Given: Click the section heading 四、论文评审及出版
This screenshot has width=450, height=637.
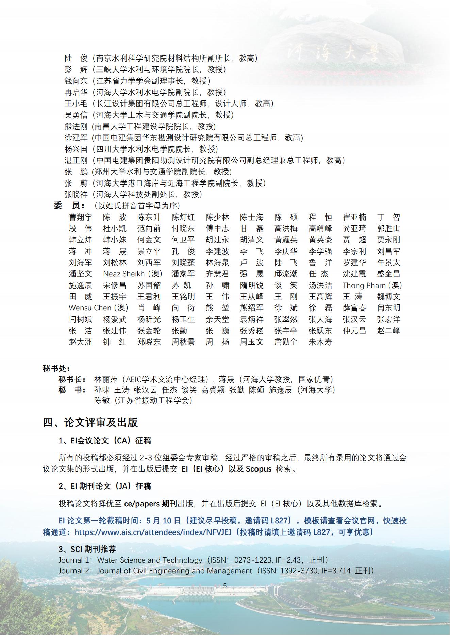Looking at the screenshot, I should pos(90,423).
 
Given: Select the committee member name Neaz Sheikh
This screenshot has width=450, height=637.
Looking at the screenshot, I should pos(124,274).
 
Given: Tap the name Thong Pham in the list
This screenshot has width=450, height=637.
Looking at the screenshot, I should pos(364,285).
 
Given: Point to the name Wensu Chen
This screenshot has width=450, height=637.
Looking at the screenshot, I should pos(90,308).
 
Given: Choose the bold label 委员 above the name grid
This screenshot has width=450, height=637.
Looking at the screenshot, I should pos(69,206).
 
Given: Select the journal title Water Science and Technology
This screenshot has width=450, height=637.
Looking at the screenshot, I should pos(150,560).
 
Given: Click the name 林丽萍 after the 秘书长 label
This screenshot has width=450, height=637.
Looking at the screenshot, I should pos(106,379).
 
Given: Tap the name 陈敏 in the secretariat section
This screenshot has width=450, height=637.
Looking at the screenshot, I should pos(102,400).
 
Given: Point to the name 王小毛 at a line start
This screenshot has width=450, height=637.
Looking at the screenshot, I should pos(76,103).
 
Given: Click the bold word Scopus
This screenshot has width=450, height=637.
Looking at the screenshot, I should pos(259,469).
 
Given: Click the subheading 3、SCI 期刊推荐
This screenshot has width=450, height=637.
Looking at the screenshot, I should pos(87,549).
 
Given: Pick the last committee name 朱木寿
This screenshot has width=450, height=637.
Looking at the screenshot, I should pos(320,342).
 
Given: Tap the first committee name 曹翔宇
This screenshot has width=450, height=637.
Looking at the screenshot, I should pos(81,217).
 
